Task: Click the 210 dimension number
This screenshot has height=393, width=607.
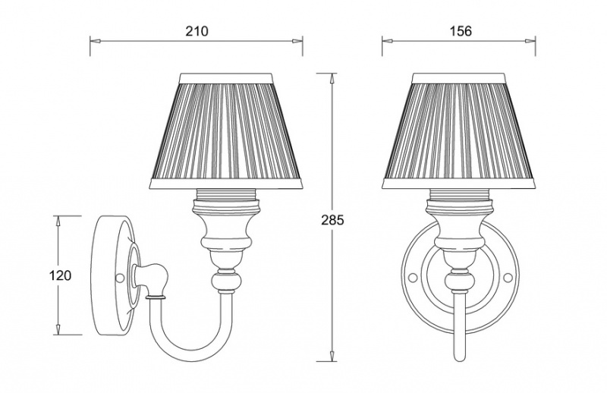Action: point(197,30)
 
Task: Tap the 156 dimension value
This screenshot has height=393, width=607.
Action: point(461,30)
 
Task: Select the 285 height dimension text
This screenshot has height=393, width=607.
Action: point(332,220)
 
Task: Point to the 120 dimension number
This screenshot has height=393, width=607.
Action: point(60,275)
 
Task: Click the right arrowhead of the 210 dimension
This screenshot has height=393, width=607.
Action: point(297,41)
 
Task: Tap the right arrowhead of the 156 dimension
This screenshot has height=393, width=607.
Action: point(530,41)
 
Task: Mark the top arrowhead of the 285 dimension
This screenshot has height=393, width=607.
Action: point(332,78)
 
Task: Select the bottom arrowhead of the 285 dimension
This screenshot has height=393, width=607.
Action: point(332,357)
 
